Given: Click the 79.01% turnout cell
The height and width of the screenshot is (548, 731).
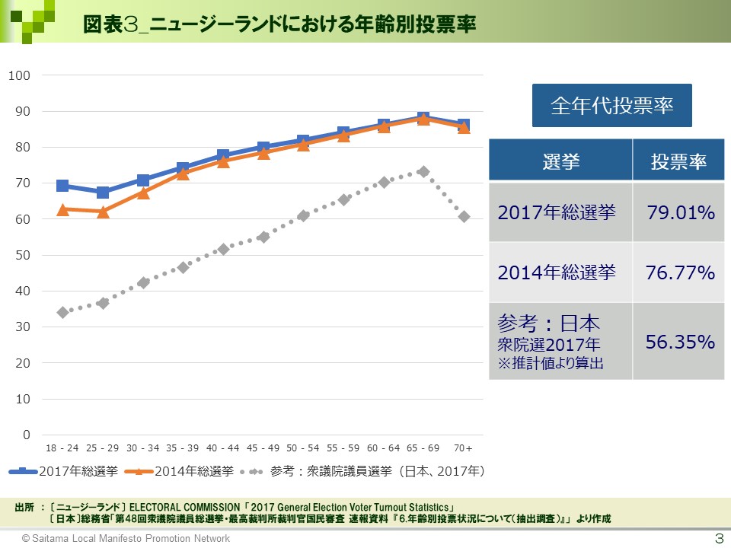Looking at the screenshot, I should [x=681, y=212].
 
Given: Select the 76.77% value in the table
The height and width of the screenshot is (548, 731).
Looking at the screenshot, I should [x=681, y=272].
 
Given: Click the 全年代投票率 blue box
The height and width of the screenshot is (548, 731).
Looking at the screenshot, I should [x=611, y=105].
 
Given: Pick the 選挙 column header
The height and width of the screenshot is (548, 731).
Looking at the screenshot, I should [x=560, y=161].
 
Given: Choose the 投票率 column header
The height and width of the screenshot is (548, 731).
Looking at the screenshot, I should [x=678, y=161].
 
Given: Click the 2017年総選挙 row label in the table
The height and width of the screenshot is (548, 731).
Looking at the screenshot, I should [x=557, y=212].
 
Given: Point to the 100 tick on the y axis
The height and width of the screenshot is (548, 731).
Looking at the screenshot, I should [x=19, y=75].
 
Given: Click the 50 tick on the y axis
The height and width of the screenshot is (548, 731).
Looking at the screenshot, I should [x=23, y=255].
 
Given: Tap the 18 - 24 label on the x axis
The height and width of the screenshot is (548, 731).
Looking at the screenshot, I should [x=62, y=448].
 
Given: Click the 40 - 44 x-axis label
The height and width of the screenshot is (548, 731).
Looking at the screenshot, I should [x=222, y=448].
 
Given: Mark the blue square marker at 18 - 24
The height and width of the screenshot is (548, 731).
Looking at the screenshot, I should [x=62, y=186].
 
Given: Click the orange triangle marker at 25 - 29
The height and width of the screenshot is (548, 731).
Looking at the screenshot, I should [x=103, y=212].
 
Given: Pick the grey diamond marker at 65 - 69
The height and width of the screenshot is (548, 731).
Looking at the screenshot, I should [x=423, y=172].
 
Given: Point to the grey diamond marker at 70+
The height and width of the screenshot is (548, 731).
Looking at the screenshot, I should [x=464, y=217].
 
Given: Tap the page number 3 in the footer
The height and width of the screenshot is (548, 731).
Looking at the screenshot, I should [x=717, y=538].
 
